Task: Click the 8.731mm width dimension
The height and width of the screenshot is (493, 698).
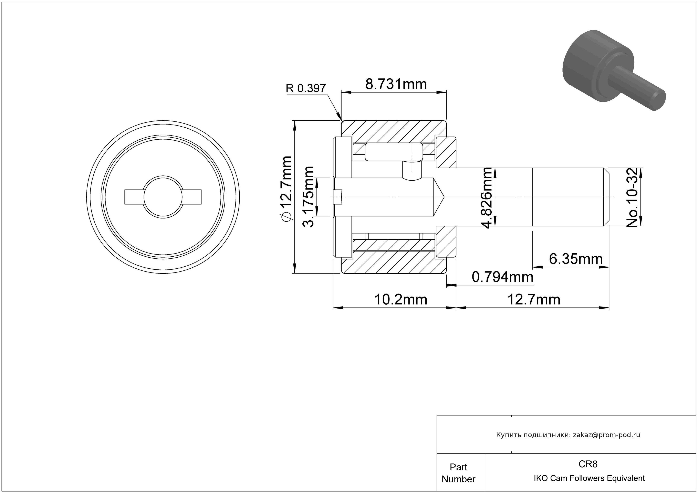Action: (396, 84)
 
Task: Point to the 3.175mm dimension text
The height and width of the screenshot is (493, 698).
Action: (308, 197)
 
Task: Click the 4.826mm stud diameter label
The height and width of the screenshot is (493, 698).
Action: (486, 197)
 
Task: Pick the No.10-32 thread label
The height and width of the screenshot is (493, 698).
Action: (632, 197)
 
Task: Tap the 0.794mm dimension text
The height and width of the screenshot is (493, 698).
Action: (502, 277)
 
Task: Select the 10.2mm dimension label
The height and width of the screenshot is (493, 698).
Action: (401, 300)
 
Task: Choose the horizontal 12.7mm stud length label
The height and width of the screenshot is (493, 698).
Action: (534, 300)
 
